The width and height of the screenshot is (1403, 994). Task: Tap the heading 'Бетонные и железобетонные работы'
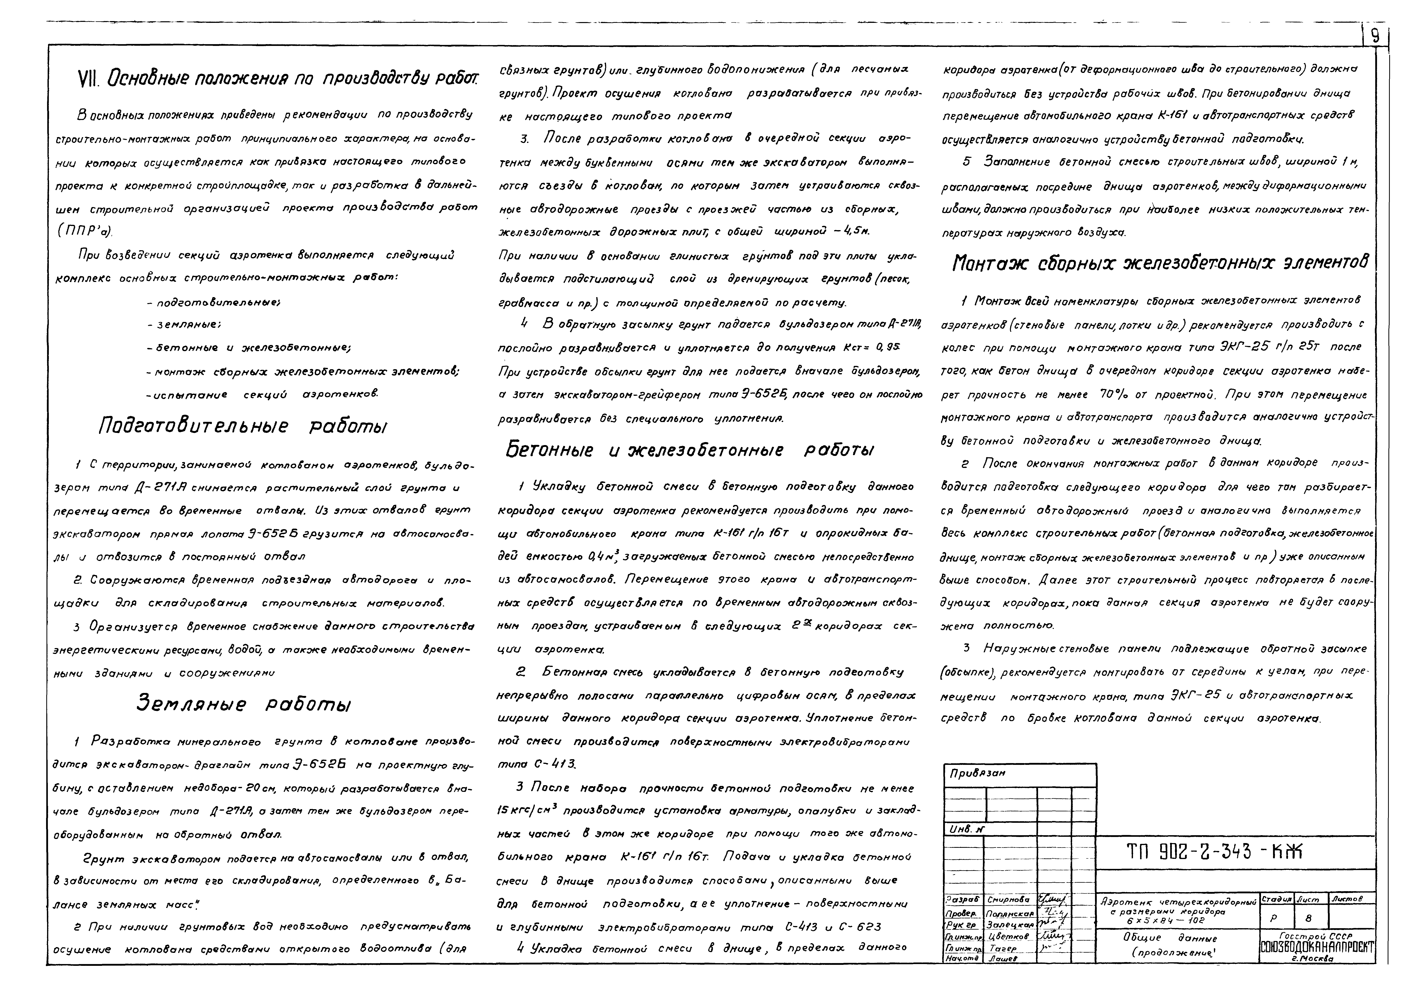click(x=689, y=450)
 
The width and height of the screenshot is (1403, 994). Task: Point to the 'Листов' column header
click(x=1346, y=898)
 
